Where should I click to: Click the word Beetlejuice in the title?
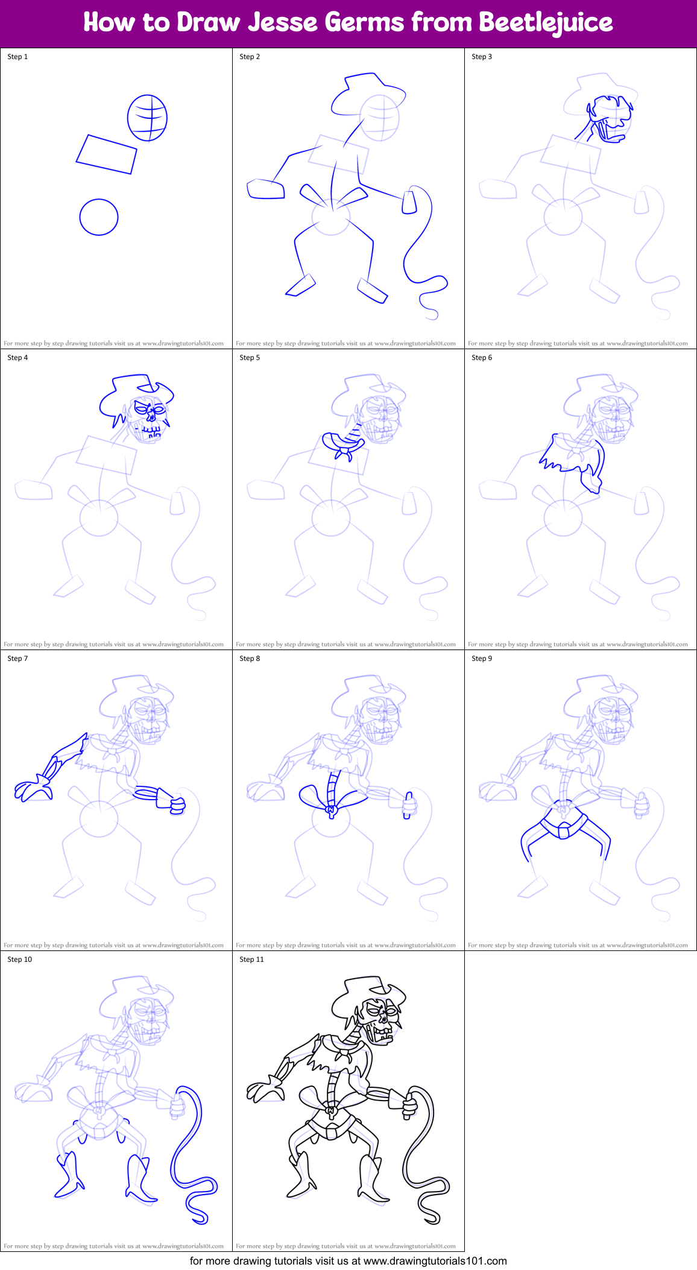tap(546, 23)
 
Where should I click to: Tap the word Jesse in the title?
tap(283, 23)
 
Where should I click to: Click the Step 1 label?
tap(17, 57)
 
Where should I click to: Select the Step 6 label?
tap(482, 358)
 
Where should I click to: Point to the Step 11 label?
tap(251, 959)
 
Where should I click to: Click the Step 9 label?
tap(482, 659)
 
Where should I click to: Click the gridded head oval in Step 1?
tap(147, 118)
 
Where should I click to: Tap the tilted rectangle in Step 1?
tap(107, 154)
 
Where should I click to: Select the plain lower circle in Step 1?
tap(99, 217)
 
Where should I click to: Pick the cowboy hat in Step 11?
tap(365, 995)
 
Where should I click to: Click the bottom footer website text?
tap(348, 1261)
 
